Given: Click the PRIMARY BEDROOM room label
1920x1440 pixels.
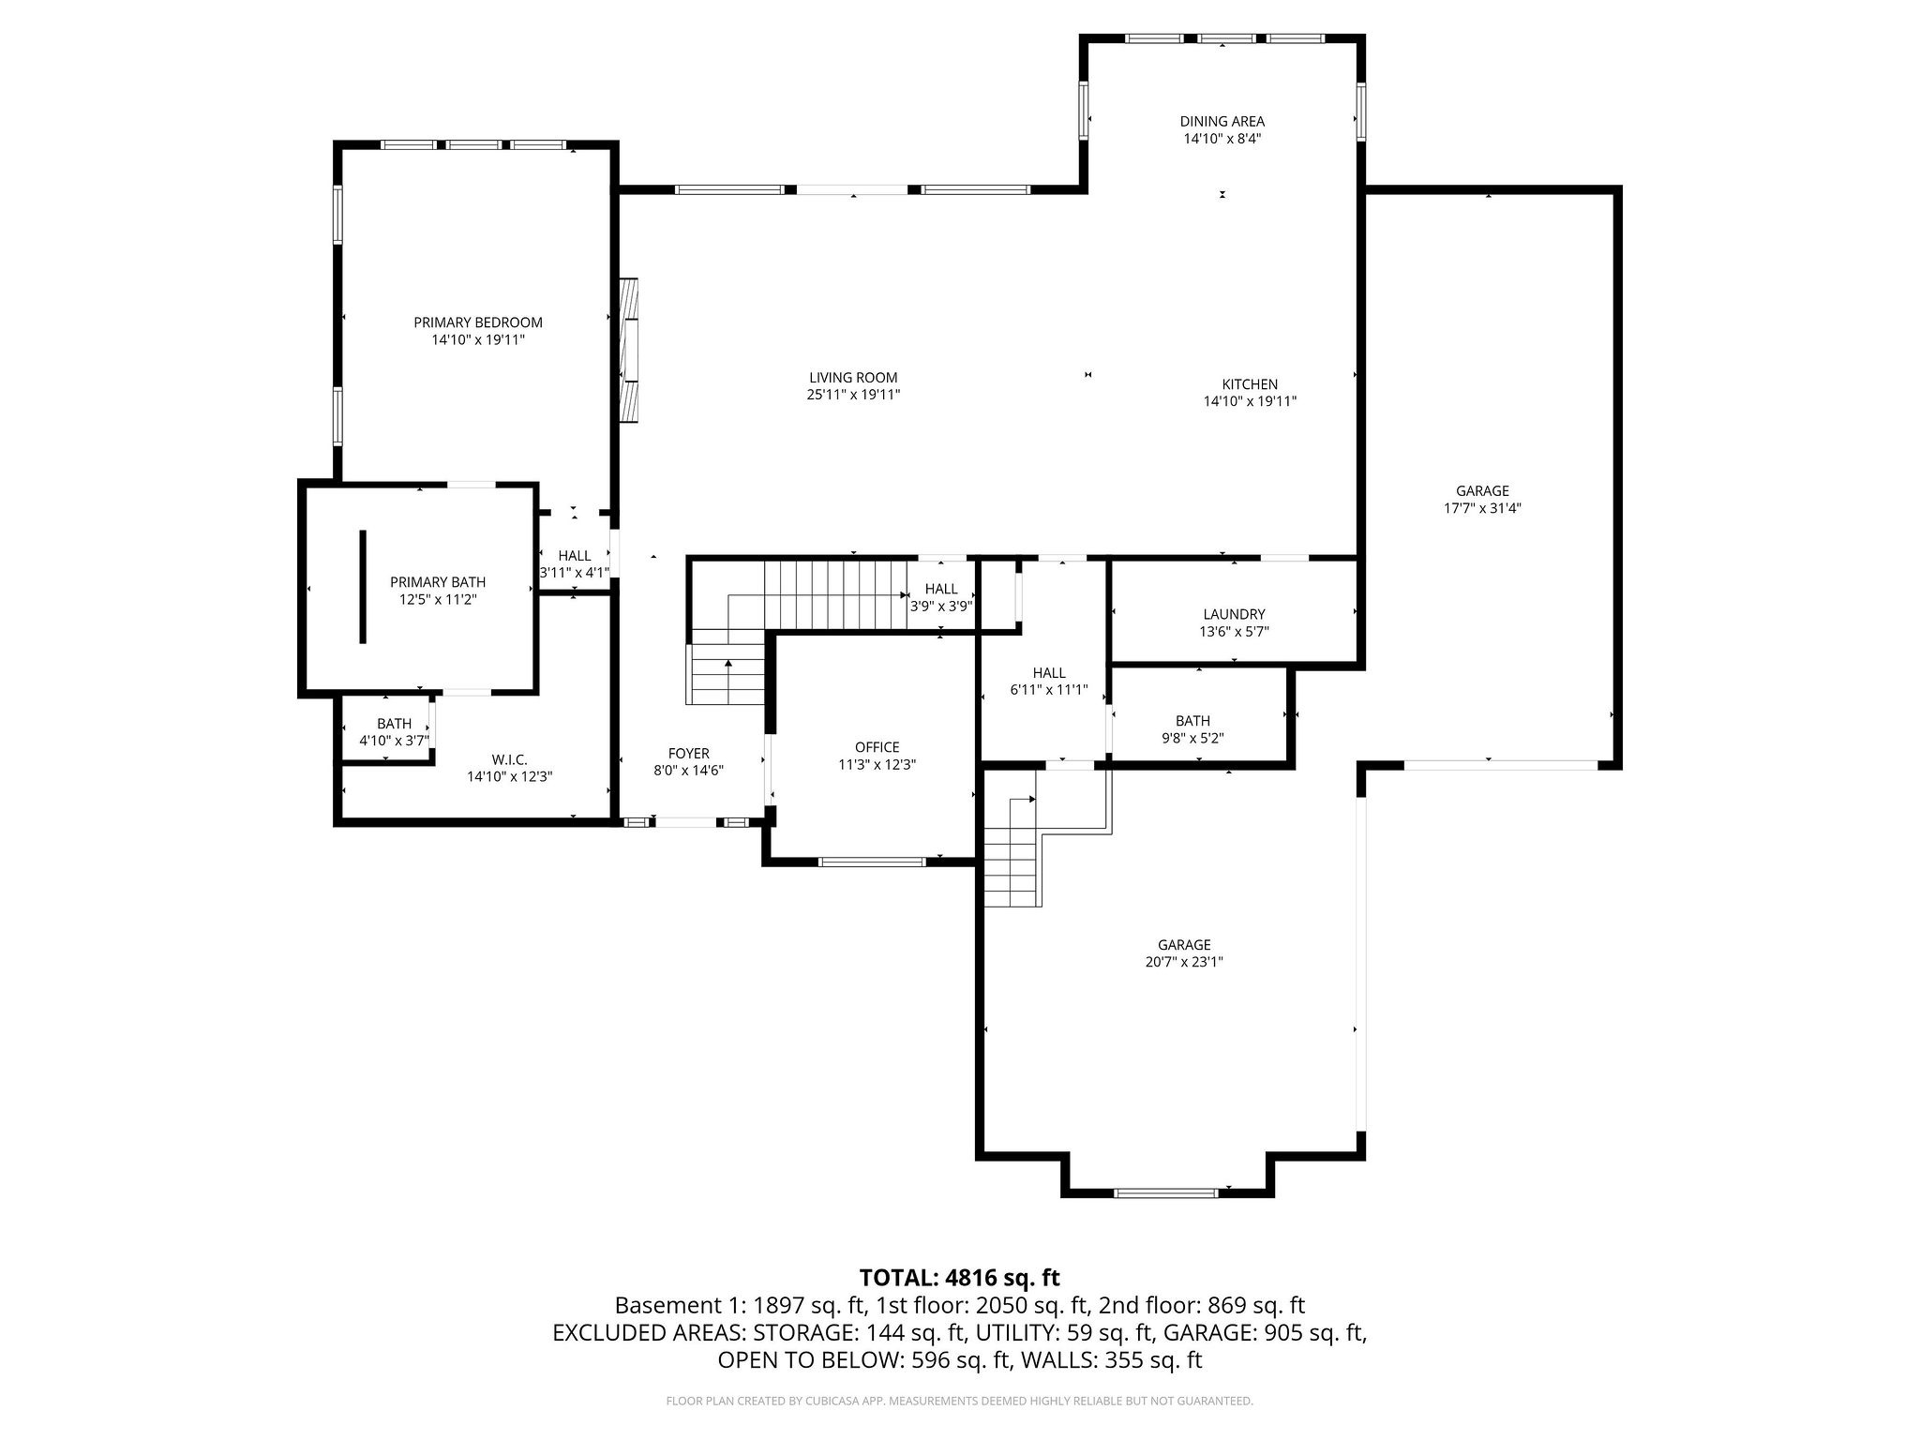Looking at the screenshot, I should pos(478,322).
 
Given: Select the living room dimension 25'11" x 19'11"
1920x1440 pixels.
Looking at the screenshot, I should pos(853,396).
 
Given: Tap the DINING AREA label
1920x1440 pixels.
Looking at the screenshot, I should pos(1222,121).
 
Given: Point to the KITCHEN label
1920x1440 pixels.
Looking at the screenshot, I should pos(1250,384).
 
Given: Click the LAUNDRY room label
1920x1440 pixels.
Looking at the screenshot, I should pos(1234,614).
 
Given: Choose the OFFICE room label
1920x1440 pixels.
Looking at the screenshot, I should pos(877,747).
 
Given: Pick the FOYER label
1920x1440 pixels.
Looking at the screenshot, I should pos(688,754).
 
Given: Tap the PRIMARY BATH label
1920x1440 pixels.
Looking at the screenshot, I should pos(438,582).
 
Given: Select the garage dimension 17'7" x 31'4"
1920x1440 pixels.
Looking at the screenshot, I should pos(1482,508).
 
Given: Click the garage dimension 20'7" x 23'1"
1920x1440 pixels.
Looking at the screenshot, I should pos(1184,962).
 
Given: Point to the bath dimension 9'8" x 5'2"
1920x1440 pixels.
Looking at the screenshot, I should pos(1192,738).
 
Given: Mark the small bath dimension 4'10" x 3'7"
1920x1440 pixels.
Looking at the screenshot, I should pos(394,741).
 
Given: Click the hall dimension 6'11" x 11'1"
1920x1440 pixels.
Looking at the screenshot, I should pos(1049,690).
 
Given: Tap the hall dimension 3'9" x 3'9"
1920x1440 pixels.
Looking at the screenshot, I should pos(941,606).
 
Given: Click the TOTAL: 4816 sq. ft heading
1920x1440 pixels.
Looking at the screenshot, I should pos(959,1277).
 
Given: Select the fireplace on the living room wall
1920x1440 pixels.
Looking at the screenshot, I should pos(629,351).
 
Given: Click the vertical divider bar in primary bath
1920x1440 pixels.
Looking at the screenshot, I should pos(363,587).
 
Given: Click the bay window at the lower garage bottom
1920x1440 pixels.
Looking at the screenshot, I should pos(1165,1193).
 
